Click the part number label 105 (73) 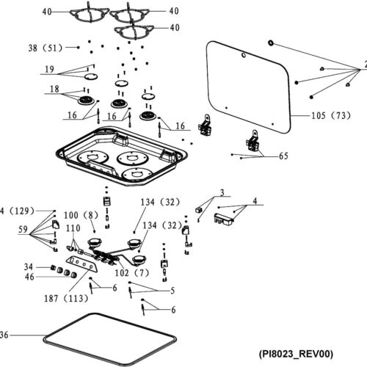pyautogui.click(x=331, y=115)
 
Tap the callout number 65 pyautogui.click(x=283, y=156)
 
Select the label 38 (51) pyautogui.click(x=46, y=48)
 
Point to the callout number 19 pyautogui.click(x=49, y=69)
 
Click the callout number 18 pyautogui.click(x=54, y=89)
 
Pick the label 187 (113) pyautogui.click(x=66, y=298)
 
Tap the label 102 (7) pyautogui.click(x=132, y=272)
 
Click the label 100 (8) pyautogui.click(x=81, y=215)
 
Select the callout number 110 pyautogui.click(x=73, y=228)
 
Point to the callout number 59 pyautogui.click(x=23, y=229)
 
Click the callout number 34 pyautogui.click(x=29, y=266)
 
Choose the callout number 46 pyautogui.click(x=29, y=277)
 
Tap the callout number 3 pyautogui.click(x=222, y=192)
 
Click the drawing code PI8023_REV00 pyautogui.click(x=296, y=354)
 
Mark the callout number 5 pyautogui.click(x=172, y=291)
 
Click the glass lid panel pyautogui.click(x=248, y=87)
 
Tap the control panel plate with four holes pyautogui.click(x=81, y=264)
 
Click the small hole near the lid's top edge pyautogui.click(x=244, y=56)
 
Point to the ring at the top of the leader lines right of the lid pyautogui.click(x=271, y=43)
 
